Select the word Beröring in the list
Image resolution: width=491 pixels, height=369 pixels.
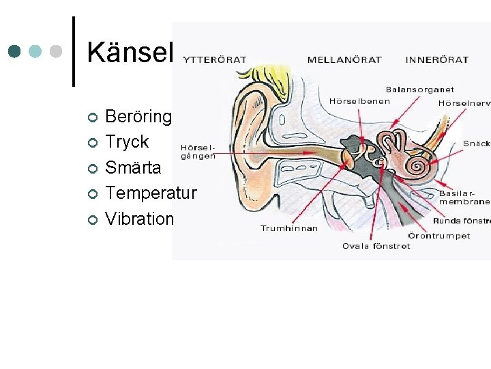click(138, 117)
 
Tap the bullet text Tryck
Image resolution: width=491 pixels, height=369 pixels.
click(127, 142)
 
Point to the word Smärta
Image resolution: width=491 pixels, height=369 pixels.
click(133, 167)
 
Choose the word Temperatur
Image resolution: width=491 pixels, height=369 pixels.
click(151, 193)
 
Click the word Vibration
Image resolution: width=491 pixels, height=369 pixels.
click(140, 219)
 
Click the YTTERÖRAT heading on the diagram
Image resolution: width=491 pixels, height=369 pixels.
click(215, 59)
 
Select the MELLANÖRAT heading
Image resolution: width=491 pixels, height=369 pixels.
click(344, 59)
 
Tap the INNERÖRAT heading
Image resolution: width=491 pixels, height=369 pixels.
click(437, 59)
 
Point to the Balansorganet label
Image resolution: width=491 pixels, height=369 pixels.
click(419, 90)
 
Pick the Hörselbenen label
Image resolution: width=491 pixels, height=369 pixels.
click(359, 101)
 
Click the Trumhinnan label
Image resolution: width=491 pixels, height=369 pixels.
click(288, 228)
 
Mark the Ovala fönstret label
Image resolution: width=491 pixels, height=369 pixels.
click(376, 246)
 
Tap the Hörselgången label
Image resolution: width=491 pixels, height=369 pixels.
click(198, 151)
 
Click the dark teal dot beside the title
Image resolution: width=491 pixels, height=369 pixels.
click(15, 51)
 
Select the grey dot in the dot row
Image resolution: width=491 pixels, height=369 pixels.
click(57, 51)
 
